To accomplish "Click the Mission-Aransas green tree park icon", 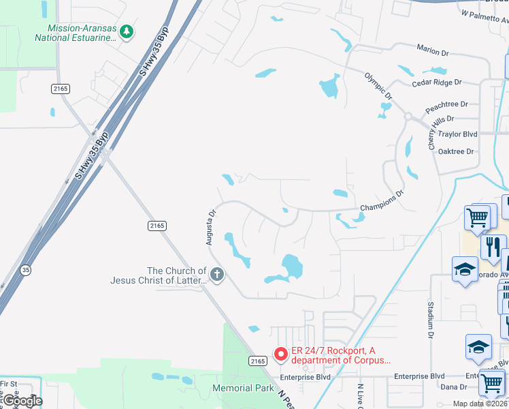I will coord(126,31).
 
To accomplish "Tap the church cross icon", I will coord(216,275).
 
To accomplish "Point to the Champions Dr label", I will coord(382,199).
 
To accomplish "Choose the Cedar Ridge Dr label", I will coord(436,82).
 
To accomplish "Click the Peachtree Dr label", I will coord(446,104).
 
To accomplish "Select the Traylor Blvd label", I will coord(458,134).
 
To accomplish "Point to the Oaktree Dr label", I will coord(456,151).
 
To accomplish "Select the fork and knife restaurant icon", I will coord(493,247).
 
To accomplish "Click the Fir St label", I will coord(8,384).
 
